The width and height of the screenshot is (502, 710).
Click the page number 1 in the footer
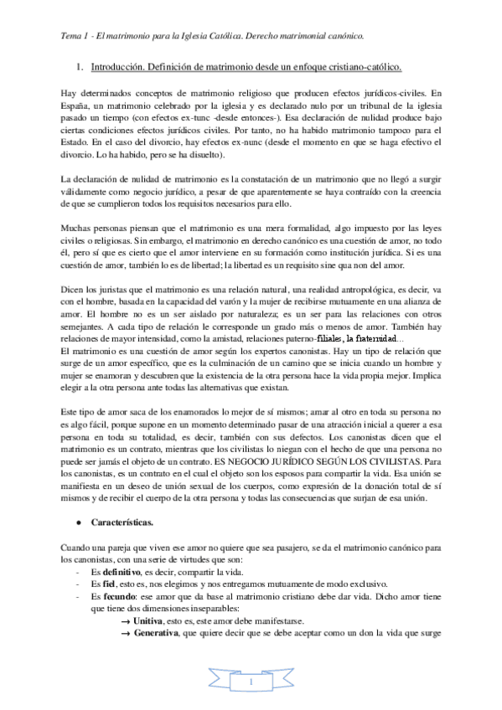[x=251, y=685]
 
